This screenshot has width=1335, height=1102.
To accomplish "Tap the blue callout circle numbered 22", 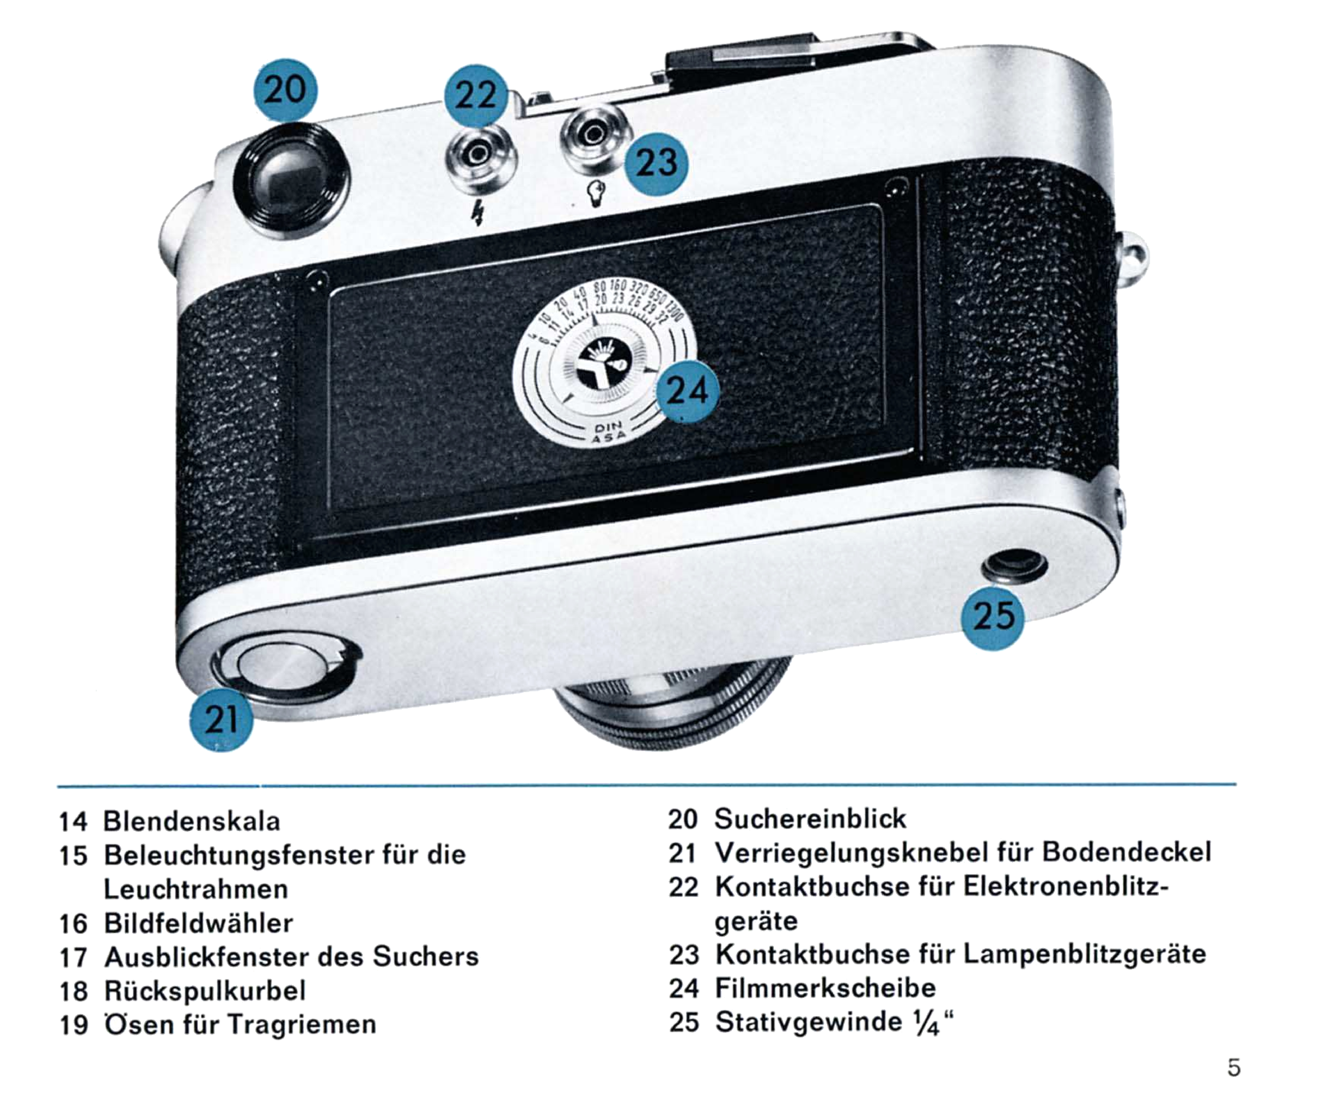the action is [x=476, y=95].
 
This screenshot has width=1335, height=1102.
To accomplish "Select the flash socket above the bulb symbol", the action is [x=595, y=135].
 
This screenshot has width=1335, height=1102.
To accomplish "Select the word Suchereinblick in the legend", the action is [x=810, y=819].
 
